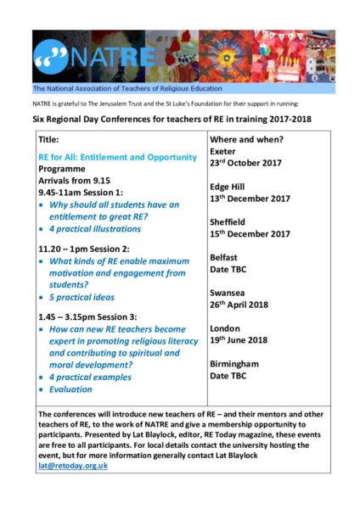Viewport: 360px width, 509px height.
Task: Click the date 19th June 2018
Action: pos(245,340)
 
